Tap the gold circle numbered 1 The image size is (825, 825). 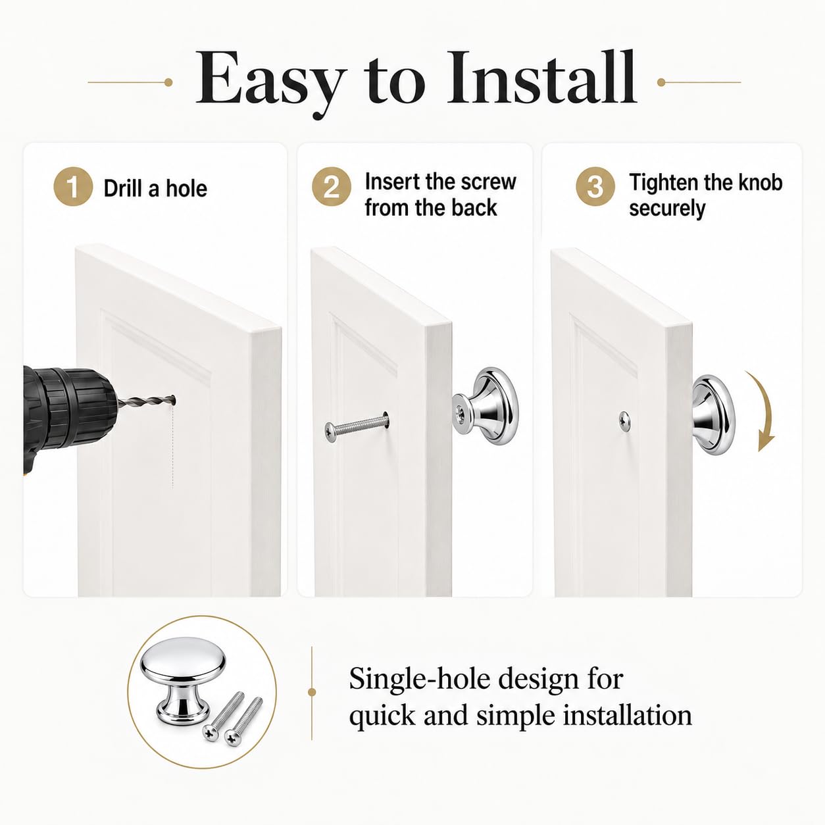(x=73, y=187)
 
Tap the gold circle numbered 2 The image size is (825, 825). (x=332, y=187)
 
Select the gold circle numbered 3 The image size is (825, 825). (x=595, y=187)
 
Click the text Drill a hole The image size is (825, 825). (x=155, y=188)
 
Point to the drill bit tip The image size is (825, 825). (x=174, y=399)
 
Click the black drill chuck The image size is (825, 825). (x=68, y=409)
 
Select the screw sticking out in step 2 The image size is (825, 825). (x=356, y=426)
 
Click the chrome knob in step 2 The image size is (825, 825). (x=486, y=407)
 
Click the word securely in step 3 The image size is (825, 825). (x=667, y=209)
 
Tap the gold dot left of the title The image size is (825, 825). (x=168, y=82)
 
